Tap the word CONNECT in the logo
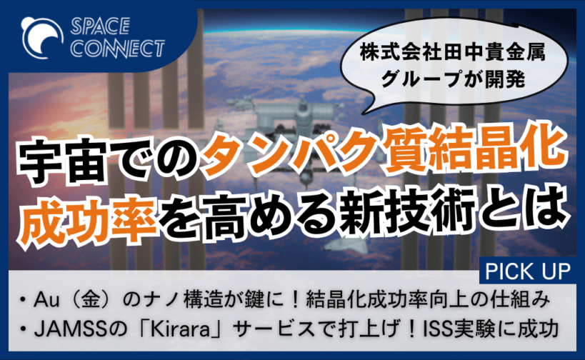click(118, 49)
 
